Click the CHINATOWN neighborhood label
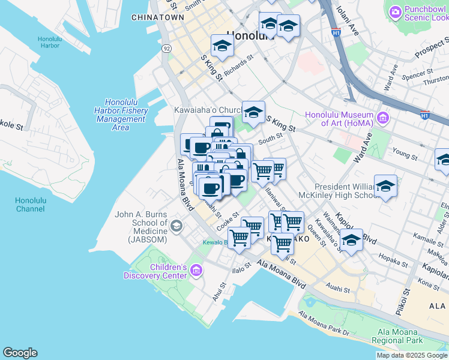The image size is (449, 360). pos(157,17)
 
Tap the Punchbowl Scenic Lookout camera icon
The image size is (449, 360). pos(395,11)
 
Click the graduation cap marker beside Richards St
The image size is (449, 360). pos(222,46)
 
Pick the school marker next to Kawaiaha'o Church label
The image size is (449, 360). pos(253,112)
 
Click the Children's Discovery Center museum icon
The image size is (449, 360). pos(196,271)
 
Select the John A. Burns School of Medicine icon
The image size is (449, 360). pos(176,226)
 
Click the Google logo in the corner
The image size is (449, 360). pos(20,353)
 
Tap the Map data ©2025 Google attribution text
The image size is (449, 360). pos(412,355)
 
